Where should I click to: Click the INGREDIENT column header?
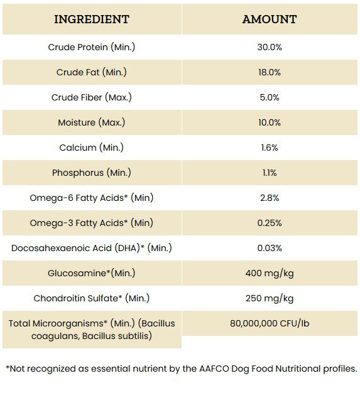point(92,19)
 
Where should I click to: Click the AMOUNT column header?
point(270,19)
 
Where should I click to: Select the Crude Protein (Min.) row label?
point(92,47)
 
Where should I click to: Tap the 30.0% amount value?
point(270,47)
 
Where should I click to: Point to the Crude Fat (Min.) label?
point(92,72)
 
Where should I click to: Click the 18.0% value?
point(270,72)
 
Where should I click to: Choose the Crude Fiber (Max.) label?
point(92,97)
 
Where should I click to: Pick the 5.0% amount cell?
point(270,97)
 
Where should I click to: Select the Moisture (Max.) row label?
point(92,122)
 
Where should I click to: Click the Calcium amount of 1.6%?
point(270,148)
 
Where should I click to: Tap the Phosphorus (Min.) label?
point(92,173)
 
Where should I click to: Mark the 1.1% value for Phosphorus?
point(270,173)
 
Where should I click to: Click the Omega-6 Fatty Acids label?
point(92,198)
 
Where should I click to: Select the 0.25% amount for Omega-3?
point(270,223)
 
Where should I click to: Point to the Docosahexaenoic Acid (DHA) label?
point(92,248)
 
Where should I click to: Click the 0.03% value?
point(270,248)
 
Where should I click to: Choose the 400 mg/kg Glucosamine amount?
point(270,273)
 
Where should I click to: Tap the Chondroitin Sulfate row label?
point(92,298)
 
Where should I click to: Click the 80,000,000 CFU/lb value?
point(270,323)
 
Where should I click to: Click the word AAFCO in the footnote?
point(214,369)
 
